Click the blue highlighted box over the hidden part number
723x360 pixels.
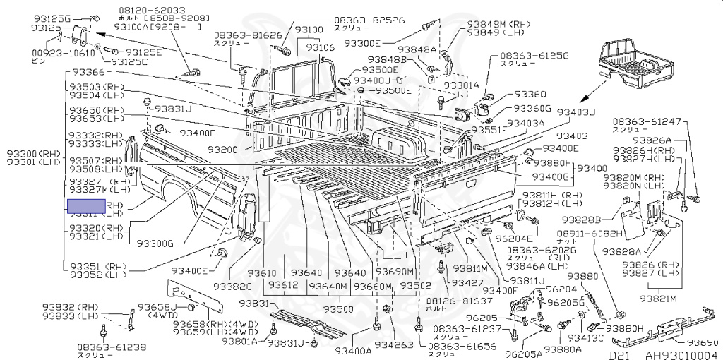[x=86, y=207]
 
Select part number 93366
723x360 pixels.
[x=87, y=73]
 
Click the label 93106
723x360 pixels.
[x=320, y=47]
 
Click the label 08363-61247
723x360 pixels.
[x=647, y=121]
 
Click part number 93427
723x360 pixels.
[x=467, y=282]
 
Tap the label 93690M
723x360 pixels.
[x=395, y=272]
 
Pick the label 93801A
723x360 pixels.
[x=244, y=341]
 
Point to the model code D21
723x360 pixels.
[x=619, y=355]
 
